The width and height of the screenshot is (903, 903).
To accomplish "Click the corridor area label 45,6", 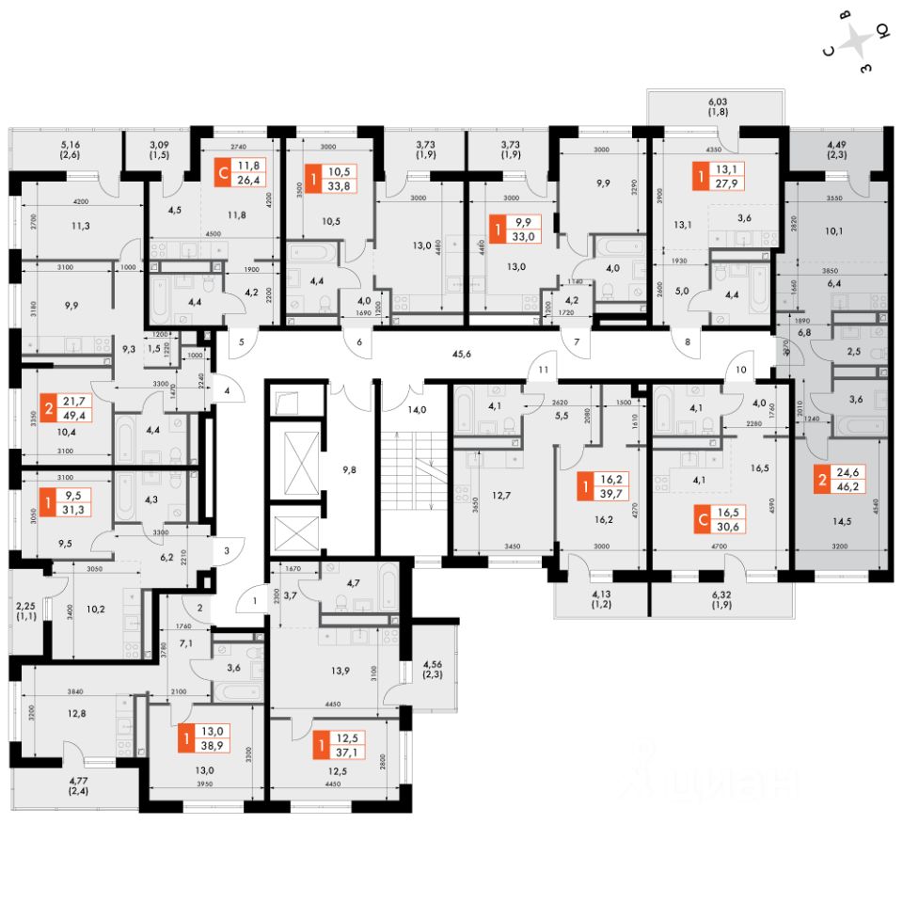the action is [x=460, y=354].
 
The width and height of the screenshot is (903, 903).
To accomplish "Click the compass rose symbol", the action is [x=857, y=43].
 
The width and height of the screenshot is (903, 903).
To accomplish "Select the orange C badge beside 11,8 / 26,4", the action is [x=222, y=173].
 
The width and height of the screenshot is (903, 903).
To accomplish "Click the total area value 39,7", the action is [x=615, y=496].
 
